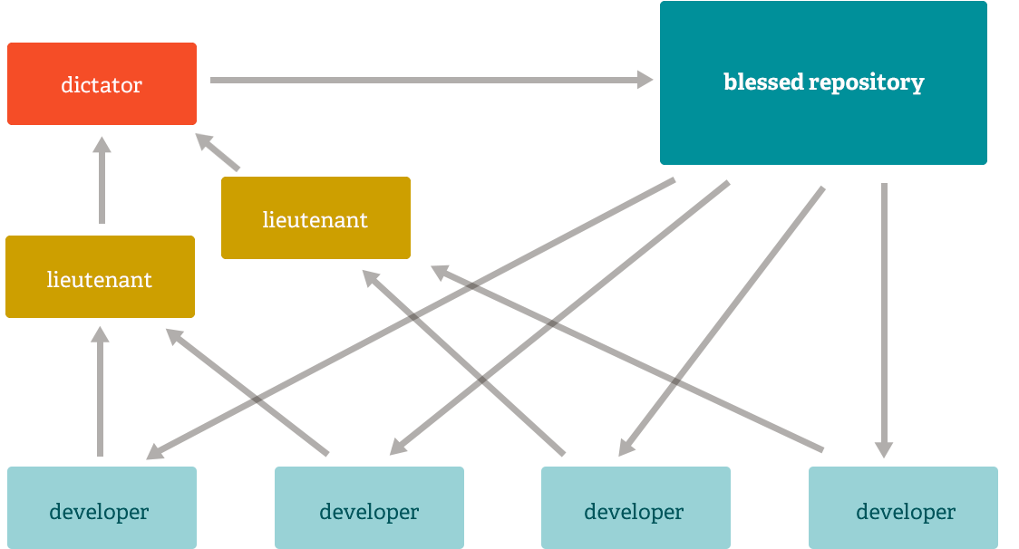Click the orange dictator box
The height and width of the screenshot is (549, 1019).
(102, 84)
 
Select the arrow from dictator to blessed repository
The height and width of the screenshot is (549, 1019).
(426, 81)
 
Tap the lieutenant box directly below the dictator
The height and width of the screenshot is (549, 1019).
(100, 277)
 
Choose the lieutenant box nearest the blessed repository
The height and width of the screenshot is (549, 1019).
(315, 218)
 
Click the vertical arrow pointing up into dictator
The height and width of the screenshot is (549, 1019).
(102, 181)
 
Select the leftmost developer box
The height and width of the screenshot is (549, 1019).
(102, 507)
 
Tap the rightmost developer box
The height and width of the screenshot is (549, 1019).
(903, 507)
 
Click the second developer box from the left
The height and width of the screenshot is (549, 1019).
(369, 507)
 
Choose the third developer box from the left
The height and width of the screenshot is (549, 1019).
(636, 507)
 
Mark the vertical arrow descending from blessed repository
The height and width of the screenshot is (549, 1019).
(884, 317)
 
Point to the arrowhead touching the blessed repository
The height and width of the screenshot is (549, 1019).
(645, 81)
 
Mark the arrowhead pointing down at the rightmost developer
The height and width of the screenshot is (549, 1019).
(884, 450)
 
